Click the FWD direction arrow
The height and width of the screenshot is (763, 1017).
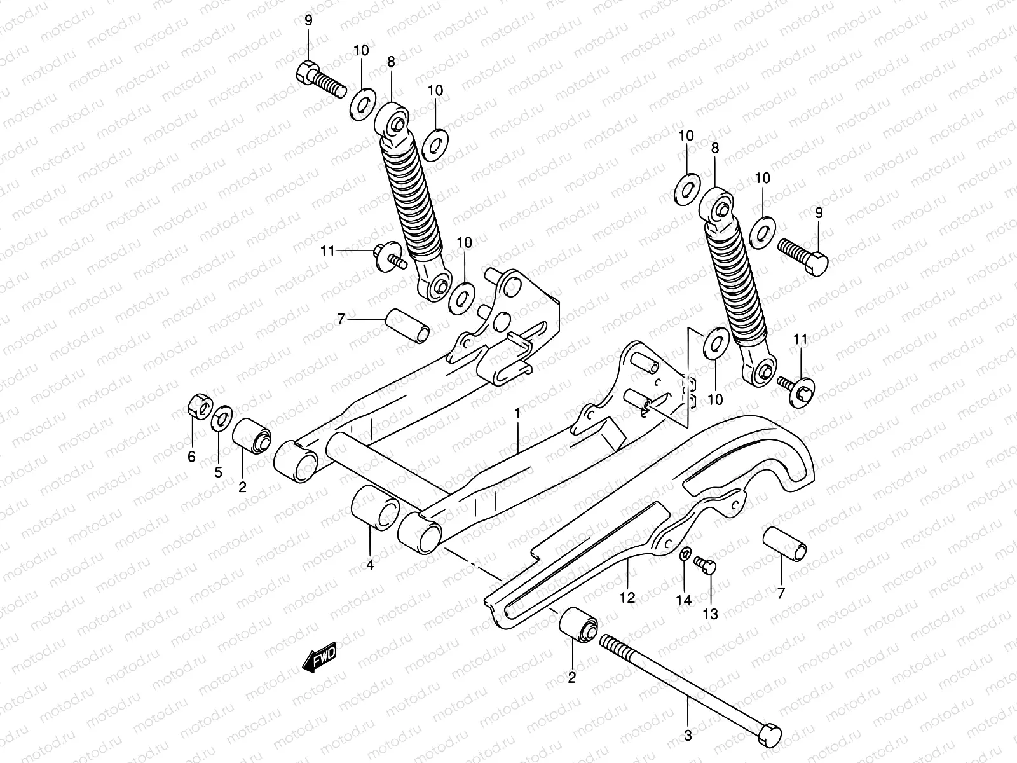coord(319,657)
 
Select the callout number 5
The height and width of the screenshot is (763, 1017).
coord(218,472)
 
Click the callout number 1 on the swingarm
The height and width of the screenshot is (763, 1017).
coord(517,414)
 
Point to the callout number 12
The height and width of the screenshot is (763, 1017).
coord(627,597)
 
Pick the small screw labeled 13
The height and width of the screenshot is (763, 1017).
coord(705,565)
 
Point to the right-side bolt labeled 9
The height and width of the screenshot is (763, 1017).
coord(803,254)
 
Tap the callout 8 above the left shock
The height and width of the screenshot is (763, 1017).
coord(391,62)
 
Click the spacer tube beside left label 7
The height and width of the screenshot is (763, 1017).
coord(407,324)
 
